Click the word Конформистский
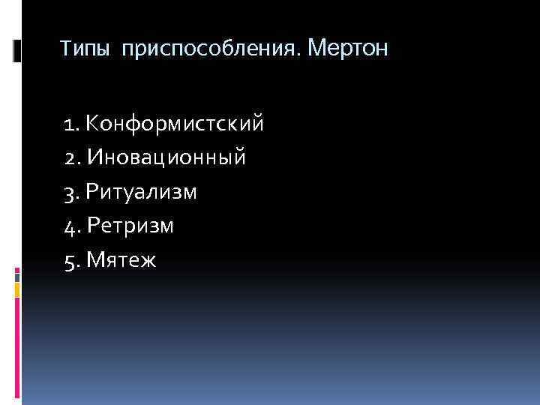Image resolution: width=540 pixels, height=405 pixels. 175,123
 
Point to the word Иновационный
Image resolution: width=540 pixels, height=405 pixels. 166,157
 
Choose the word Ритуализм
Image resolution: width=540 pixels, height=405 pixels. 142,192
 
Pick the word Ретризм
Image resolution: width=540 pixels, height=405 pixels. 130,226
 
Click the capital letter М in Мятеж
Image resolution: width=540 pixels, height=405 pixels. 95,260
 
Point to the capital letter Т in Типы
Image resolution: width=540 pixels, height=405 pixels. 65,50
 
